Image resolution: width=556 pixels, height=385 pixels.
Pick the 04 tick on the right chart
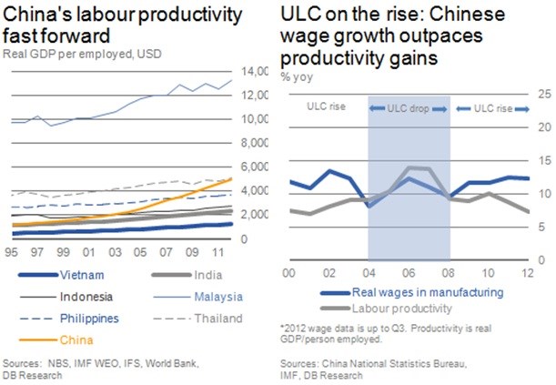tap(369, 273)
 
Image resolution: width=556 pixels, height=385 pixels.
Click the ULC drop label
tap(409, 108)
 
